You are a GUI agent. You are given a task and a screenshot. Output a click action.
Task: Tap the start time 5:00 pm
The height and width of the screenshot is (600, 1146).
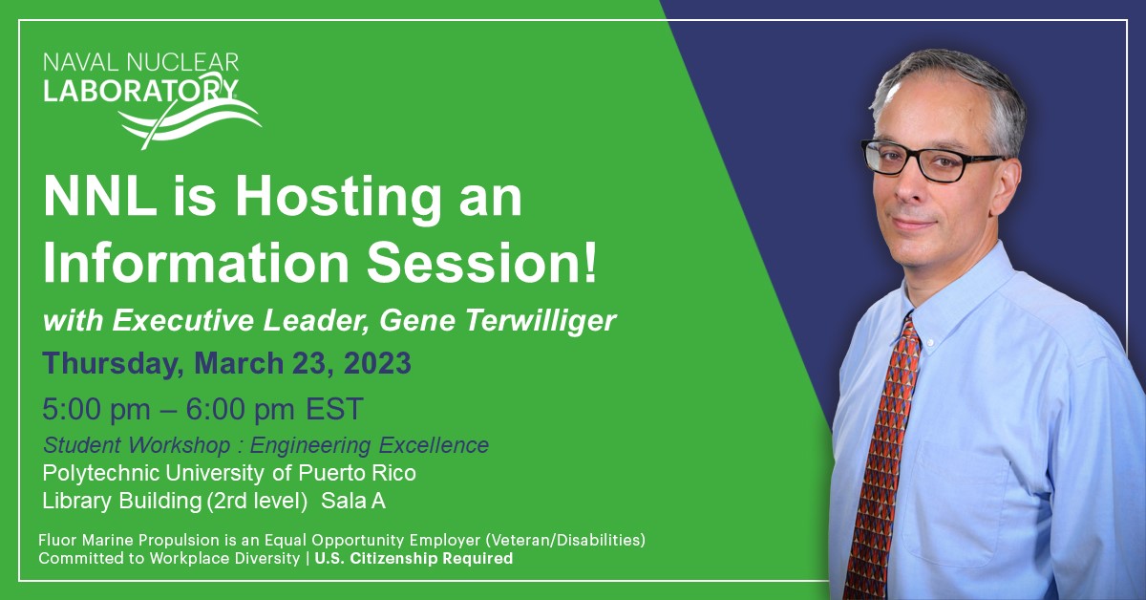click(96, 410)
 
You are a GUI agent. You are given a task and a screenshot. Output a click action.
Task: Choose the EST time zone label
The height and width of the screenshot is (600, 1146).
click(334, 410)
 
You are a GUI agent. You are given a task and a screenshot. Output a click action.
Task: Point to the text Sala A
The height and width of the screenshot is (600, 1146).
click(353, 500)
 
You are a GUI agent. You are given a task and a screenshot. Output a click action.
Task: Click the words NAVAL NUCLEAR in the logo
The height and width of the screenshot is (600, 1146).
click(140, 63)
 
